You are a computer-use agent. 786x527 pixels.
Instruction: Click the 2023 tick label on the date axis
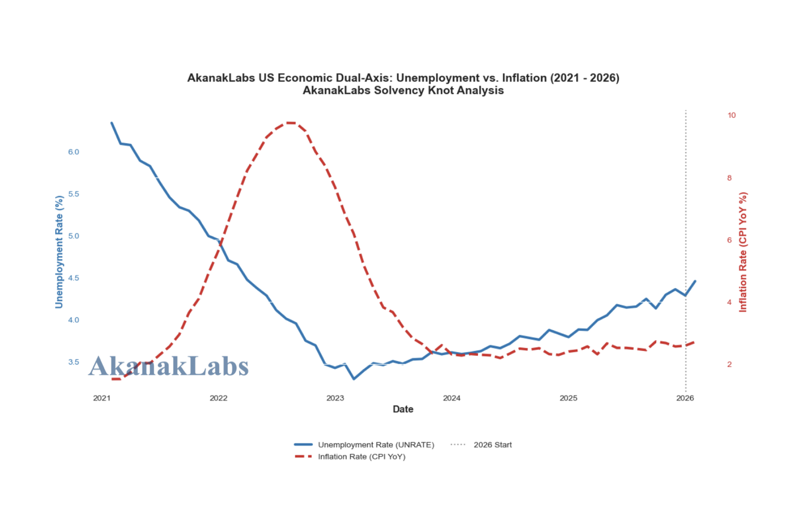click(x=335, y=398)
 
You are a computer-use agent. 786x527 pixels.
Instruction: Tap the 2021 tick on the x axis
click(x=102, y=398)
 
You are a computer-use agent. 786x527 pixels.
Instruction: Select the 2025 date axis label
click(x=568, y=398)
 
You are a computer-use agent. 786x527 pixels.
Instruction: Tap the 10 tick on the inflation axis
click(x=731, y=115)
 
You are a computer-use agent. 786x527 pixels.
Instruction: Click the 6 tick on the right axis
click(x=729, y=240)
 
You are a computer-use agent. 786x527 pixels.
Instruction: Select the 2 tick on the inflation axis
click(x=729, y=364)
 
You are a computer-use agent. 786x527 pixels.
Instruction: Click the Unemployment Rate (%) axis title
click(x=59, y=252)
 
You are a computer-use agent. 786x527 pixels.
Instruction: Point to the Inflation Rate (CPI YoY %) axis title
click(x=744, y=252)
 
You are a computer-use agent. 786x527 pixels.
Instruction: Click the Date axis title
click(x=403, y=410)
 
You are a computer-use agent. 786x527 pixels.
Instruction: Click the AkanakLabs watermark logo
click(x=168, y=366)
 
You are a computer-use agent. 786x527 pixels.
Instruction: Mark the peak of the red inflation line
click(x=290, y=123)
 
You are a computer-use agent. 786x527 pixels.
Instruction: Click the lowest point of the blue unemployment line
click(x=354, y=378)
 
